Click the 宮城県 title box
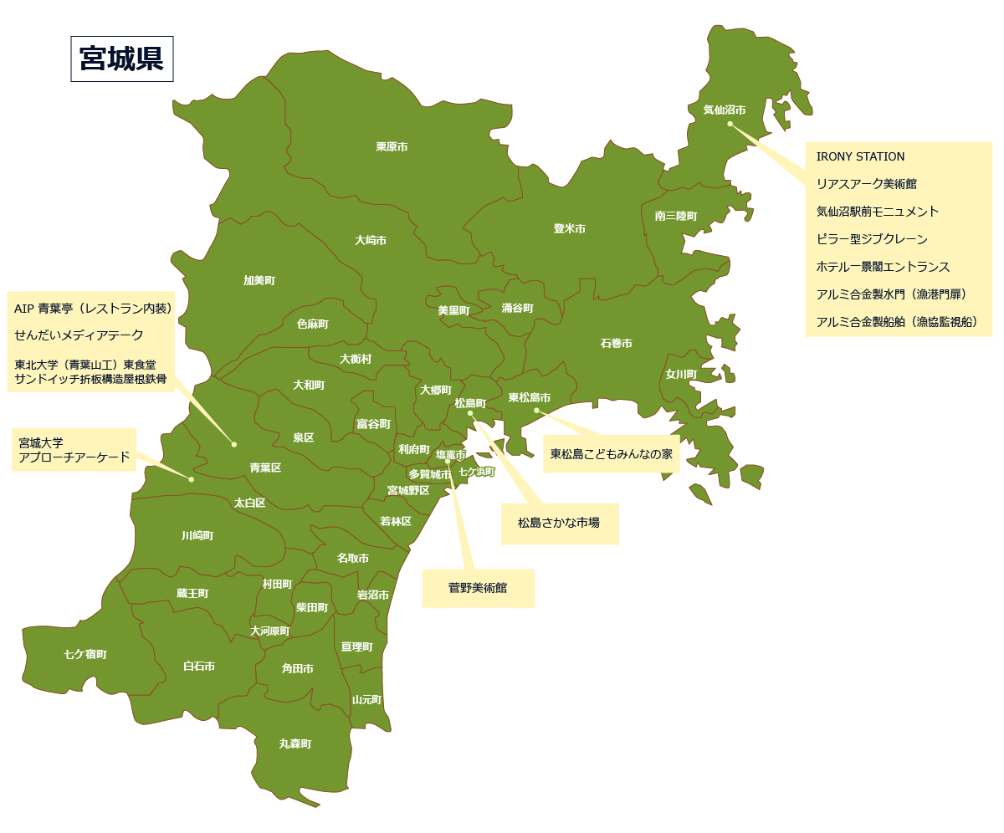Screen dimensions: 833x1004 coord(121,59)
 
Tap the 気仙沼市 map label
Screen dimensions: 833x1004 coord(724,110)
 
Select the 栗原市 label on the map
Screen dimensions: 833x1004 coord(392,147)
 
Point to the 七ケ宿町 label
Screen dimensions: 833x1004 coord(85,654)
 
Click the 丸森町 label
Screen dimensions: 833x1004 coord(295,744)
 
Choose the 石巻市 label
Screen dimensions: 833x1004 coord(616,344)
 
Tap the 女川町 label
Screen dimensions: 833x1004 coord(681,375)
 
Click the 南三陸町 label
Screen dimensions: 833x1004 coord(676,216)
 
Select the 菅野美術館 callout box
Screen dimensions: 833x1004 coord(478,588)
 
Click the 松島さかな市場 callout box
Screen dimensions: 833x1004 coord(559,524)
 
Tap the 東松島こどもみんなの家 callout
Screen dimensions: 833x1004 coord(611,454)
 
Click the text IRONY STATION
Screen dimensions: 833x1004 coord(860,156)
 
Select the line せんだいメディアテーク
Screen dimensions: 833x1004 coord(79,335)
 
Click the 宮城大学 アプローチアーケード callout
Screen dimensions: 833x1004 coord(74,450)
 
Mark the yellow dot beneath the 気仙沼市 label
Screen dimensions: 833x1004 coord(730,124)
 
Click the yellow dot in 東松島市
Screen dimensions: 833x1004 coord(537,410)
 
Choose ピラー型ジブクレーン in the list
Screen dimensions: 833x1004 coord(872,239)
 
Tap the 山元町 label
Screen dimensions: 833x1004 coord(366,700)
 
